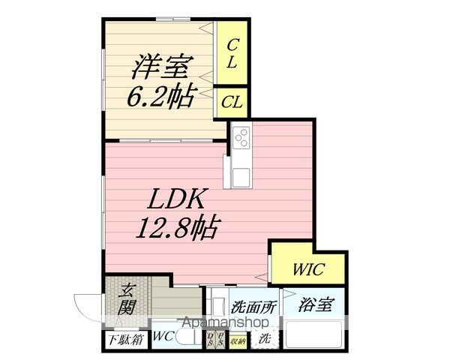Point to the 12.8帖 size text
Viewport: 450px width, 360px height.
coord(177,226)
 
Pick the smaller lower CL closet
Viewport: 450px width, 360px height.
coord(232,103)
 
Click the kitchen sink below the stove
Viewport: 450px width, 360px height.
coord(242,178)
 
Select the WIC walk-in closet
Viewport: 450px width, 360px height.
coord(307,267)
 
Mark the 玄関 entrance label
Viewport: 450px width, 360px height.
coord(127,298)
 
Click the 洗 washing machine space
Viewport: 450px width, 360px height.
coord(265,337)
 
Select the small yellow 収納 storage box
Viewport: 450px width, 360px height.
coord(238,340)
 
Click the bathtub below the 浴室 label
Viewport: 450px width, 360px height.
coord(314,336)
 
